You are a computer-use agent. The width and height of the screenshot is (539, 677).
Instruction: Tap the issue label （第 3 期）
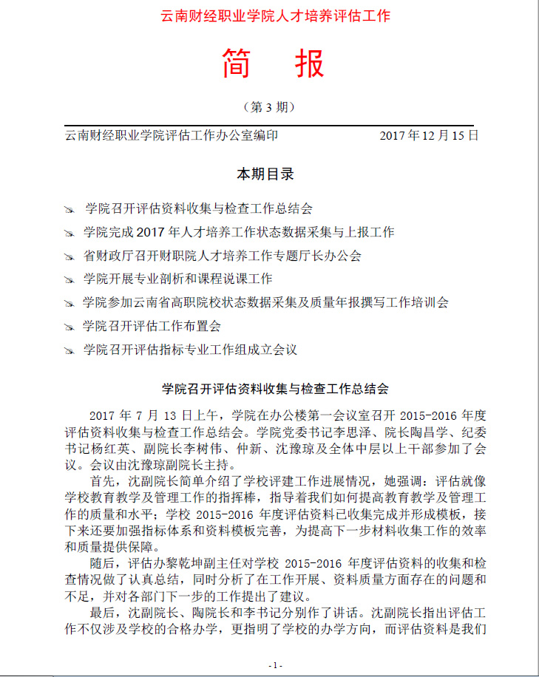tap(270, 107)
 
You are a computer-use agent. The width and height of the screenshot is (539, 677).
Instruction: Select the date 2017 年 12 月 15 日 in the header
tap(429, 135)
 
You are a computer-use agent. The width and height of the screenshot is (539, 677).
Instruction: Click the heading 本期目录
tap(265, 174)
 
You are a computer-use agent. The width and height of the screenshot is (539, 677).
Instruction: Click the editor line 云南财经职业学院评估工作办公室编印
tap(172, 135)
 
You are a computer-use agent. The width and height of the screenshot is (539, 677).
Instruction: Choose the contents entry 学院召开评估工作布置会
tap(152, 325)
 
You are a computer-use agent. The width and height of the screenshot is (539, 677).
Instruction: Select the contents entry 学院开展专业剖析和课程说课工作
tap(178, 279)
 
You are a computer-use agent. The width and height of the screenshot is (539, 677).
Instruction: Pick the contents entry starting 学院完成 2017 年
tap(239, 232)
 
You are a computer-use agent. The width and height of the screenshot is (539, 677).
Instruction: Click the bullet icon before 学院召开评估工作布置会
tap(70, 327)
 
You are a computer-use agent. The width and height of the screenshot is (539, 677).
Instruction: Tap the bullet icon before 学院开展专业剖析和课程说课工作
tap(70, 280)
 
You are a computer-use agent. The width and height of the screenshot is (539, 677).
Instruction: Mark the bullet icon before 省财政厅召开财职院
tap(70, 257)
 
